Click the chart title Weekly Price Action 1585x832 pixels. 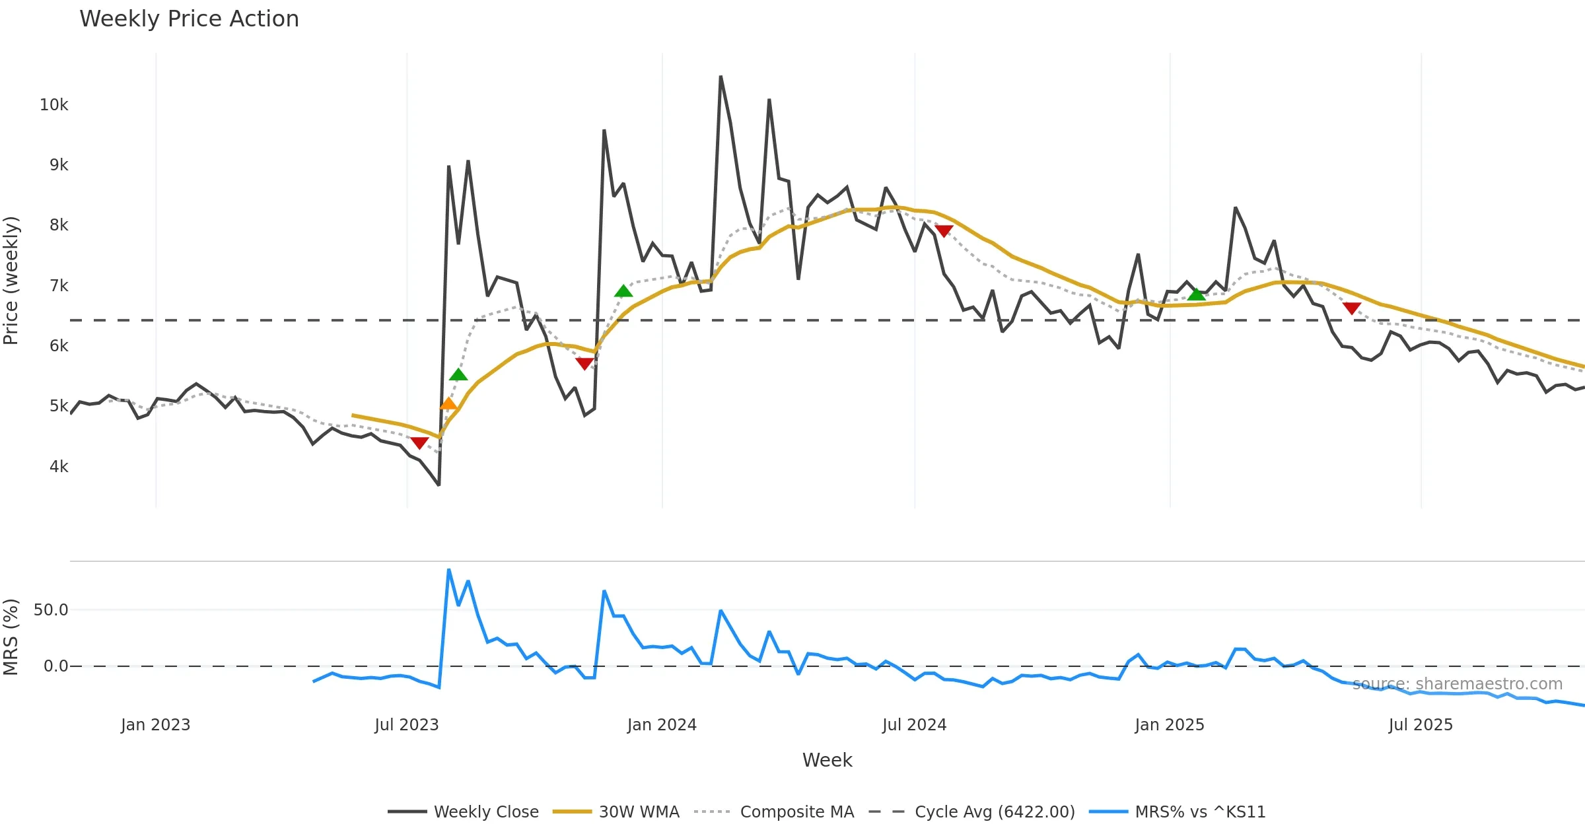189,19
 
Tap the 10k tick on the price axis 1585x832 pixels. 53,105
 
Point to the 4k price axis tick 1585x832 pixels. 58,467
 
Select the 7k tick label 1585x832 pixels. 58,286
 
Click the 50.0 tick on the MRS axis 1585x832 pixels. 51,610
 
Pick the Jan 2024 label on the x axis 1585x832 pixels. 662,725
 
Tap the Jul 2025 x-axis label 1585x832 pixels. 1421,725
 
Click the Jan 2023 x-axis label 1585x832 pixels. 155,725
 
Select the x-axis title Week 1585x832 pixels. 827,761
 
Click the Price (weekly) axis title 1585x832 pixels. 11,281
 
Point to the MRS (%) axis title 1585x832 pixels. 11,637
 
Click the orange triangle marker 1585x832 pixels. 448,404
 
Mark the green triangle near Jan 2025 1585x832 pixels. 1196,295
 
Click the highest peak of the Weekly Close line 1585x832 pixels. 721,77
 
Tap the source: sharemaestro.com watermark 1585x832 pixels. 1458,684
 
